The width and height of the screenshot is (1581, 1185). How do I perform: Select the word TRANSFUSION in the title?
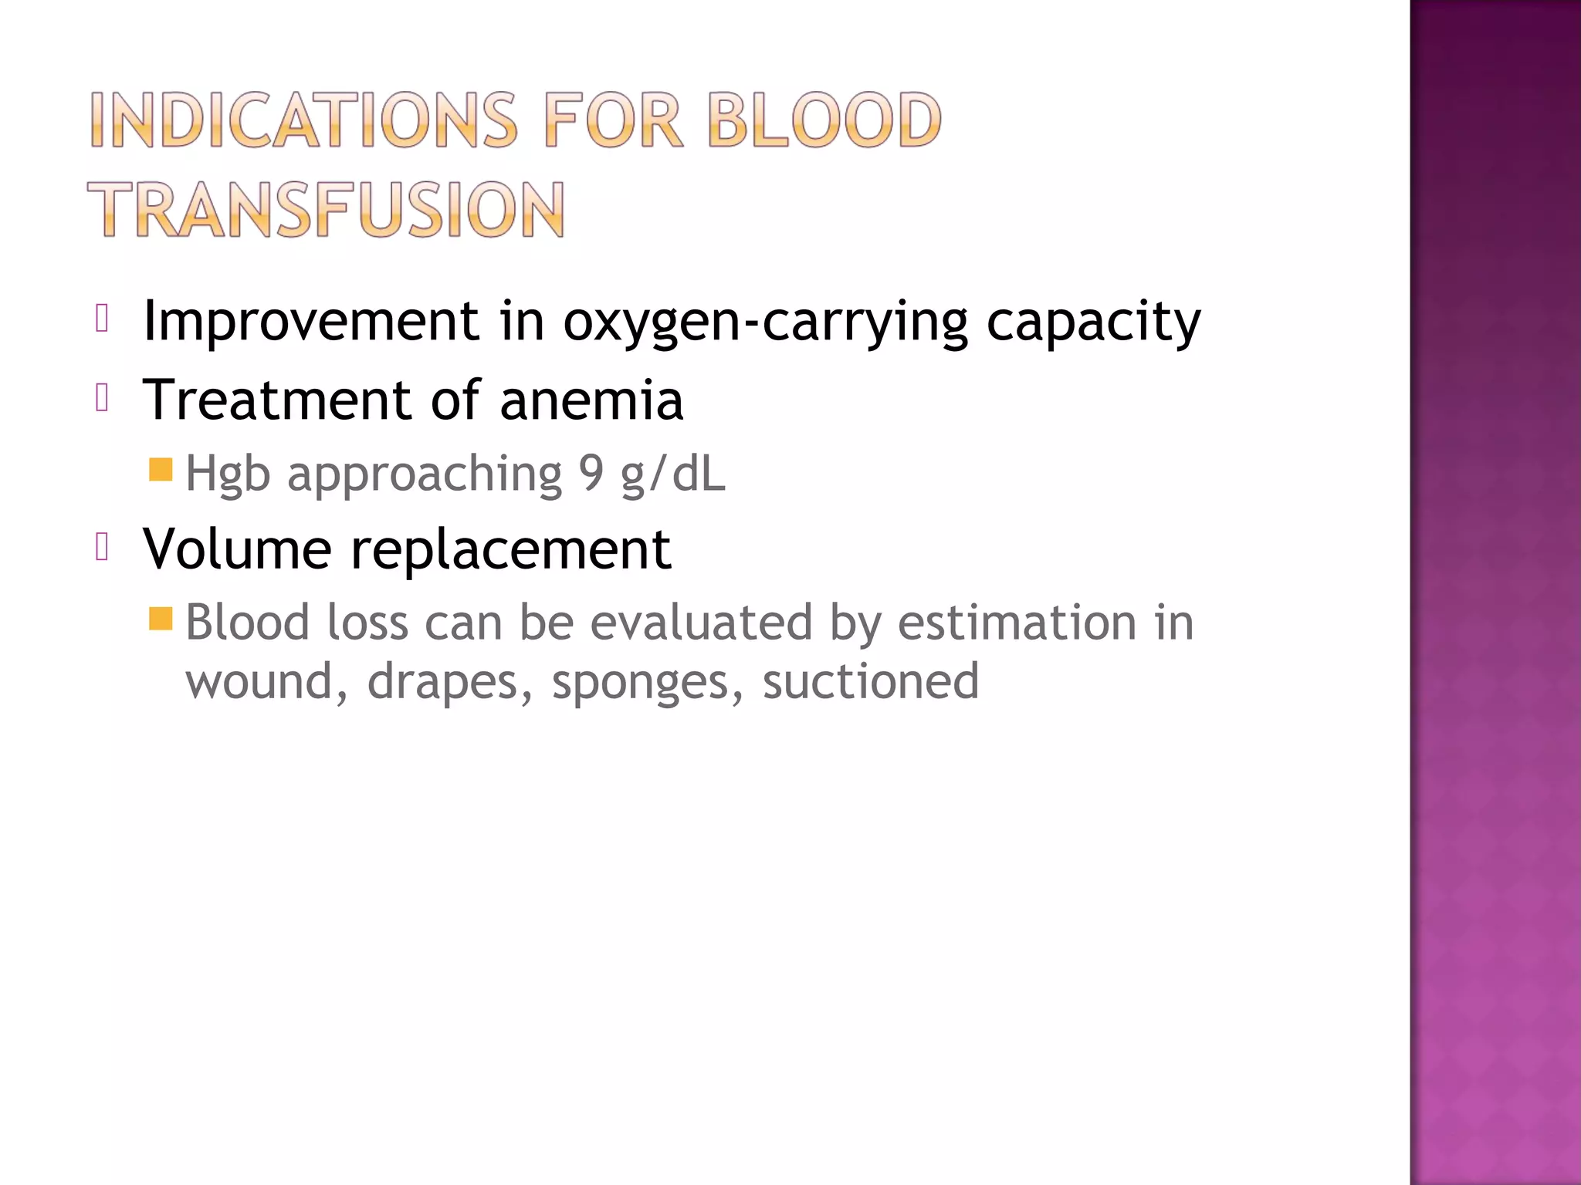tap(326, 209)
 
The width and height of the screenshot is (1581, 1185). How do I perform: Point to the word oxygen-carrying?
tap(765, 322)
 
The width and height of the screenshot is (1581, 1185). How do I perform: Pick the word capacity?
tap(1093, 322)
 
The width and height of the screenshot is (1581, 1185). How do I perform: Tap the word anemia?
tap(591, 401)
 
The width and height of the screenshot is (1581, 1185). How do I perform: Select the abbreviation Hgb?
tap(228, 474)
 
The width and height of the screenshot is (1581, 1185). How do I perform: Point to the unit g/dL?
tap(673, 474)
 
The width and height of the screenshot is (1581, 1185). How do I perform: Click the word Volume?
tap(237, 549)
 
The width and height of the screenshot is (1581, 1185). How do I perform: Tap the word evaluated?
tap(701, 622)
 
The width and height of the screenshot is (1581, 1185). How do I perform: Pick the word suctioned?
tap(871, 681)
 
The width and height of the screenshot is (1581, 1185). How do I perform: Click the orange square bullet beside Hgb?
tap(161, 469)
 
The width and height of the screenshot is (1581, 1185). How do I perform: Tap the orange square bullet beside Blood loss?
tap(161, 618)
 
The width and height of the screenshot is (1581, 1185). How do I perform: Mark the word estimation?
tap(1017, 622)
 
